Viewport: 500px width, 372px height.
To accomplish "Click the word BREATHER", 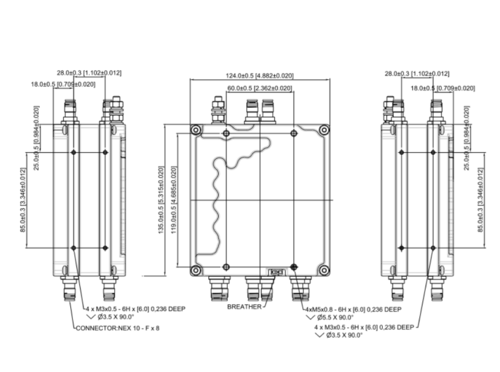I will (x=245, y=306).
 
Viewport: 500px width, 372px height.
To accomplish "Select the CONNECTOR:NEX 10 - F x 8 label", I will (x=118, y=328).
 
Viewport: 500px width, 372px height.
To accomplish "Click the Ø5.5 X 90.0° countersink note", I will (x=338, y=317).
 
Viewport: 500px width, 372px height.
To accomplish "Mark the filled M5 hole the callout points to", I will (x=294, y=267).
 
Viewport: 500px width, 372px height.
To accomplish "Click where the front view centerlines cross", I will (x=260, y=200).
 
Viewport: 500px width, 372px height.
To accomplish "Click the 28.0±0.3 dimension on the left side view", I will (x=89, y=73).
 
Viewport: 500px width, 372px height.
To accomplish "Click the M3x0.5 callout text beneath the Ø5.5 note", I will (x=365, y=327).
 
